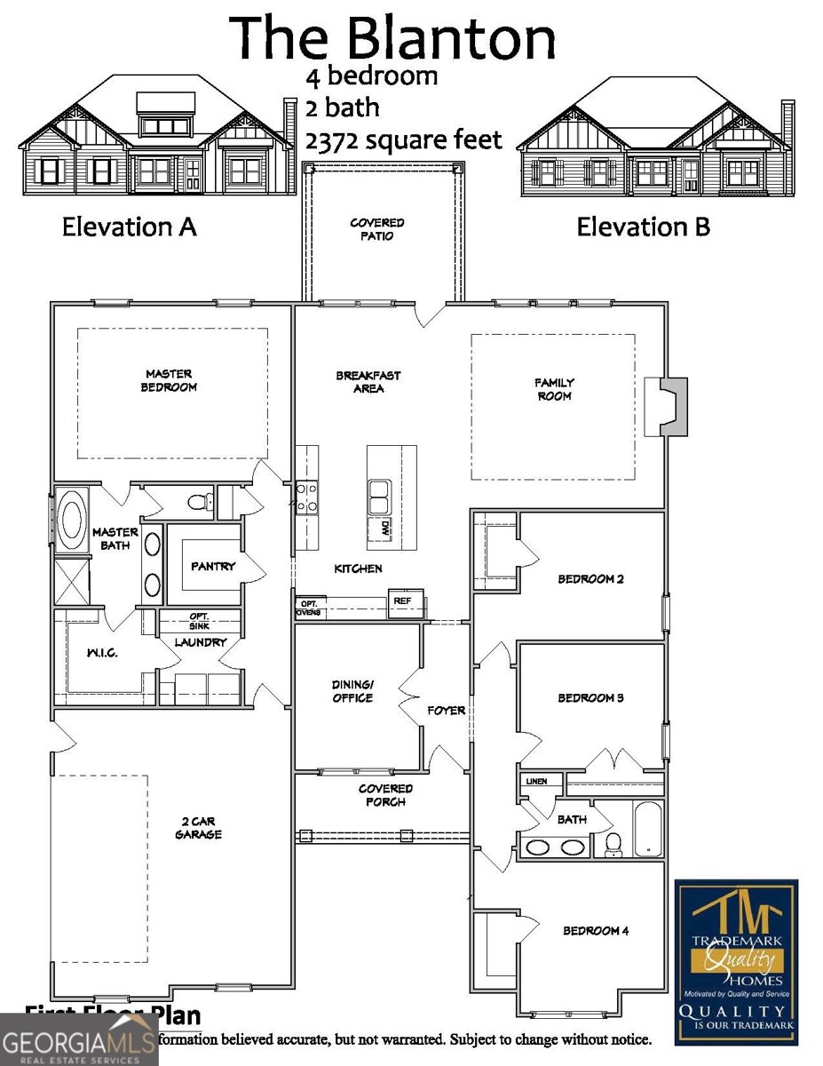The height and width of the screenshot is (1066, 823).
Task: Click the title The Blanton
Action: [394, 37]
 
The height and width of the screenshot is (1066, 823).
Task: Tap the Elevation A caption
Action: [129, 227]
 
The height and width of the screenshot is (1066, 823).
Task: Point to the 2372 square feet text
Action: [403, 140]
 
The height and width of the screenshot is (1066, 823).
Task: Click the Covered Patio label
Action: [377, 229]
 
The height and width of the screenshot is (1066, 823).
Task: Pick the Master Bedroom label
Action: [170, 380]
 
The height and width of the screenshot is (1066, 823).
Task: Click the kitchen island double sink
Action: [380, 496]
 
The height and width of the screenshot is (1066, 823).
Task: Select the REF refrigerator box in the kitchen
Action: [403, 601]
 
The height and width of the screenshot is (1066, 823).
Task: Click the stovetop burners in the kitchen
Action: [307, 497]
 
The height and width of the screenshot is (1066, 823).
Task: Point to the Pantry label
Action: [213, 566]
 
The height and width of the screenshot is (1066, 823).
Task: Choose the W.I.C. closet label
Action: [102, 653]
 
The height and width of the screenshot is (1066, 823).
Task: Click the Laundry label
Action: [200, 641]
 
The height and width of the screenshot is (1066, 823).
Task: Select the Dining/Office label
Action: [352, 691]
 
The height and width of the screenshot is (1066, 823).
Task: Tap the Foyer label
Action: [446, 711]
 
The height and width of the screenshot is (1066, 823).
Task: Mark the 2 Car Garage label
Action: [197, 828]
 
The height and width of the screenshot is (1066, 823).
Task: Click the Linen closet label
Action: [537, 782]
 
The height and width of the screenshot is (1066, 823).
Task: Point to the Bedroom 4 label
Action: [596, 931]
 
